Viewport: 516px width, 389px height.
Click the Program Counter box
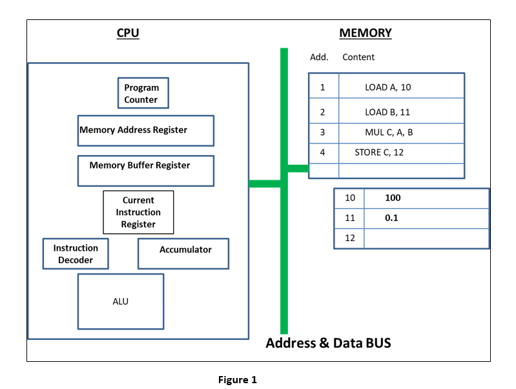142,93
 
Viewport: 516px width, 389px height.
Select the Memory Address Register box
145,131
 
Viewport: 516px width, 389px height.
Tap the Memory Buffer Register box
145,170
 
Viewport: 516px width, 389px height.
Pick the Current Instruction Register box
138,212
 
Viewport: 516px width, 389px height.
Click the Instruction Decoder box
76,254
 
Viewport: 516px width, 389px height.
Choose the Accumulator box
183,253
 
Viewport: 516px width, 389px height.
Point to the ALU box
121,302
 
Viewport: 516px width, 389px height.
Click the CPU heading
127,33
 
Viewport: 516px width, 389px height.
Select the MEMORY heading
365,33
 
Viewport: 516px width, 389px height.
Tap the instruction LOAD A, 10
387,87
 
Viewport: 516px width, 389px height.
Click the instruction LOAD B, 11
387,112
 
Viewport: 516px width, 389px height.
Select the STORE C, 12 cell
379,152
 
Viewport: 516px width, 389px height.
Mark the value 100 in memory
393,198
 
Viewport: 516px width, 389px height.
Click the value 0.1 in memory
391,218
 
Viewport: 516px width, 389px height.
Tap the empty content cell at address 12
426,238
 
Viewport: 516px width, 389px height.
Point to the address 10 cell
349,198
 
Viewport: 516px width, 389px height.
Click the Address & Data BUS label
328,342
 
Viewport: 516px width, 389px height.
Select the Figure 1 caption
237,380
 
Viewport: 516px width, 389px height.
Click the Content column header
358,57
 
